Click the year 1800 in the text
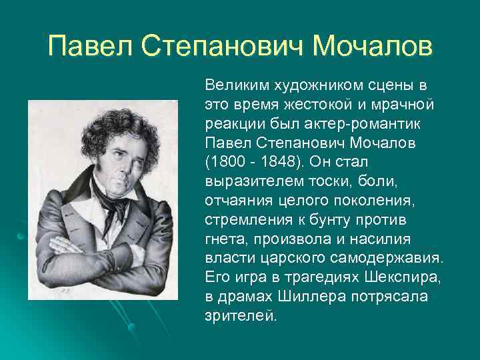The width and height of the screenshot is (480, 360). point(227,162)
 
